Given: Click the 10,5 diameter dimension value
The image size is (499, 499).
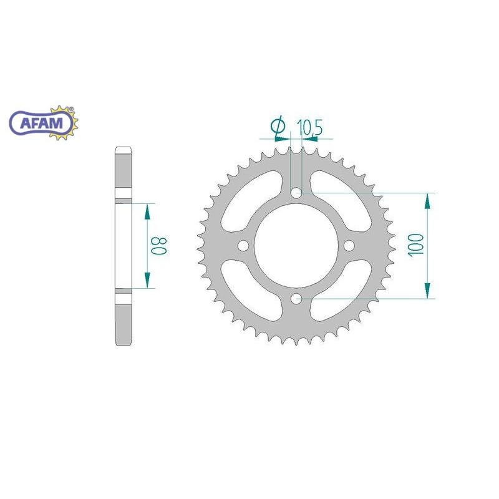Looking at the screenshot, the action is pyautogui.click(x=309, y=127).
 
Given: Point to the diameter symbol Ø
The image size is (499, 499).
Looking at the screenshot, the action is pyautogui.click(x=278, y=126).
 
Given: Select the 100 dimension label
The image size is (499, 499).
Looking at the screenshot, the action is pyautogui.click(x=416, y=245).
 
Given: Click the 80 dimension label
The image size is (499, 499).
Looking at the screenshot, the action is pyautogui.click(x=159, y=246).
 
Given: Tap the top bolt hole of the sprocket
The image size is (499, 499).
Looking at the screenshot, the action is pyautogui.click(x=297, y=193).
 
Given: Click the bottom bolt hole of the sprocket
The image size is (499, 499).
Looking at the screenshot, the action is pyautogui.click(x=297, y=299).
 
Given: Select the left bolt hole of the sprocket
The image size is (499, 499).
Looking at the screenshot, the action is pyautogui.click(x=243, y=245).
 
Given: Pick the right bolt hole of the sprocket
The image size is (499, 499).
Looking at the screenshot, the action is pyautogui.click(x=349, y=245).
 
